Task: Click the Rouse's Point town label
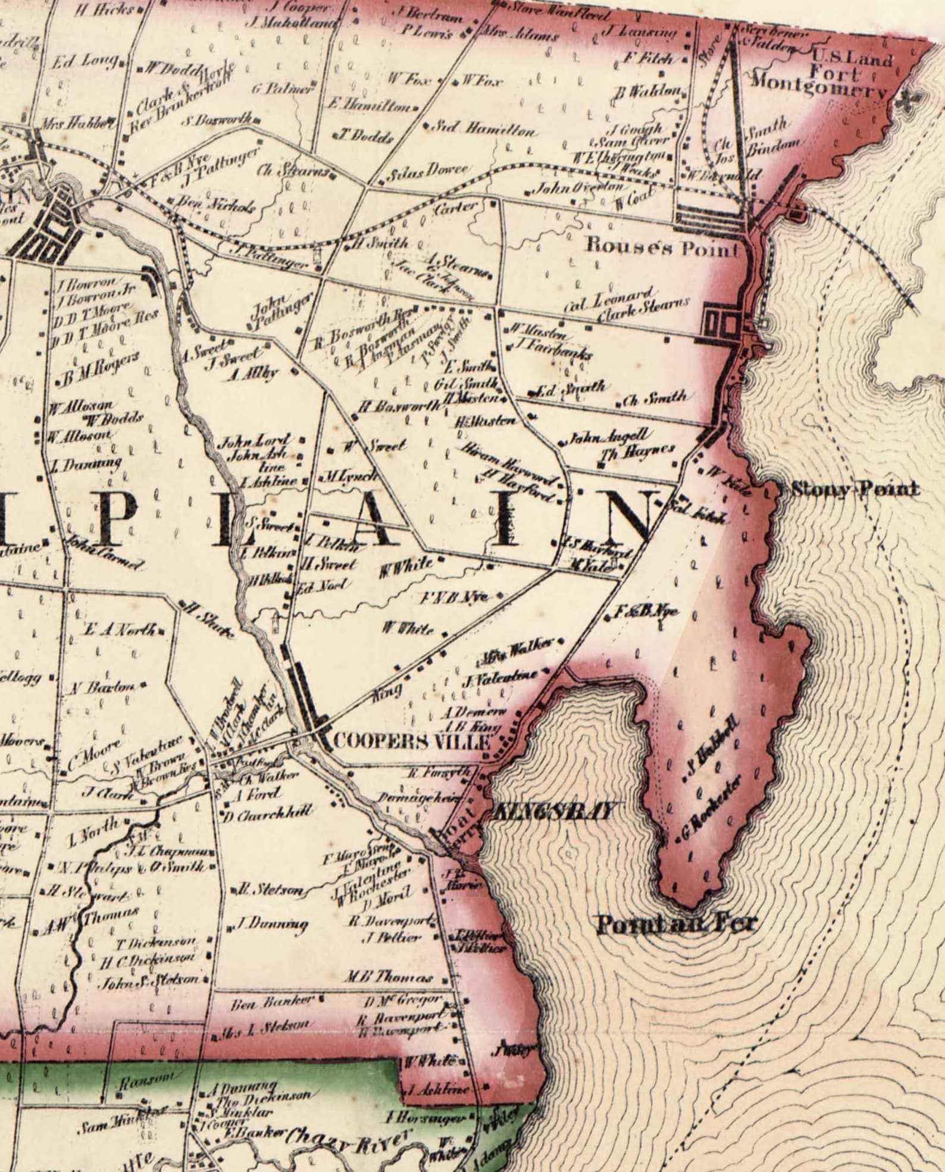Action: pyautogui.click(x=663, y=246)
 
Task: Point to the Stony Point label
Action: pyautogui.click(x=854, y=490)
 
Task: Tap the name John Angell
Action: pyautogui.click(x=610, y=438)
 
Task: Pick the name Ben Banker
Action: pyautogui.click(x=271, y=1001)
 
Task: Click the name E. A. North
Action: pyautogui.click(x=121, y=629)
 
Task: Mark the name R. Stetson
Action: pyautogui.click(x=271, y=890)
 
